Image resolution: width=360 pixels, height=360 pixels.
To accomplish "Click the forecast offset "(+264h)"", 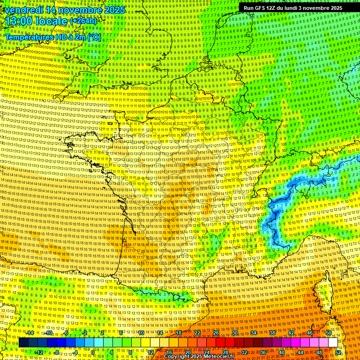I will [83, 21].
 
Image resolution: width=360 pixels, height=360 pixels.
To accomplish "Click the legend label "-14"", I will [29, 333].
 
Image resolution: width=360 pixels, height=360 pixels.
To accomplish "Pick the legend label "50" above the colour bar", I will [328, 333].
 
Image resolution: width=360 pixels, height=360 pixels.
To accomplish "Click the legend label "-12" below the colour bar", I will [38, 352].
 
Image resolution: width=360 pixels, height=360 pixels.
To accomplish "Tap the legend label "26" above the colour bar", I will [216, 333].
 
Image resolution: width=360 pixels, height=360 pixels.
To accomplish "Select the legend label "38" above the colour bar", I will [272, 333].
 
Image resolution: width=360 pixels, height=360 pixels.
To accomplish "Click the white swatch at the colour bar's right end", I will [333, 343].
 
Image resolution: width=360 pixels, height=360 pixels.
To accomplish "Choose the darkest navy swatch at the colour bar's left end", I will [24, 343].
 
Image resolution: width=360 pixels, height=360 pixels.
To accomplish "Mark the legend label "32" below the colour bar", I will [244, 352].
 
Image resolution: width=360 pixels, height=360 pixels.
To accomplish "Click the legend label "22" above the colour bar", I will [197, 333].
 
